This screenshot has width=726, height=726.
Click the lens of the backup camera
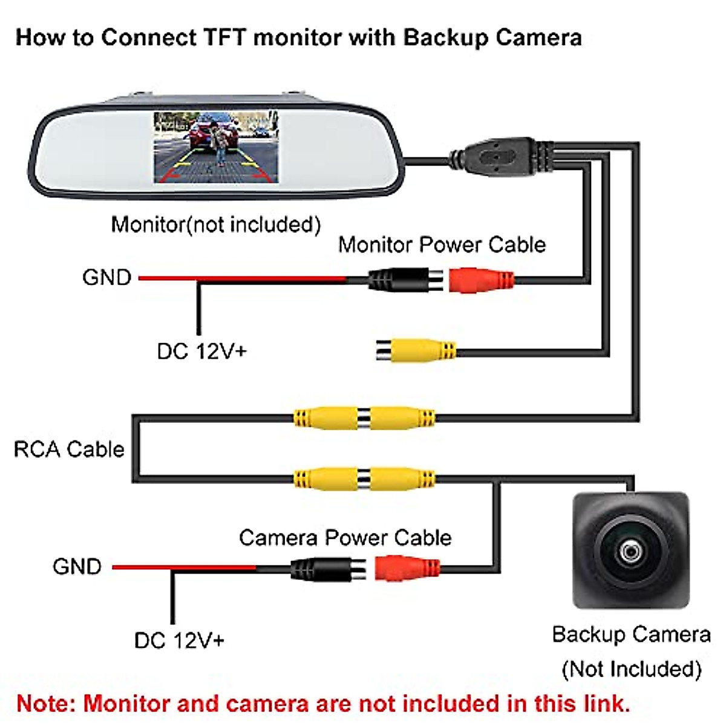click(x=630, y=551)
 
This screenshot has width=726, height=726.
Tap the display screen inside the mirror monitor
click(x=216, y=147)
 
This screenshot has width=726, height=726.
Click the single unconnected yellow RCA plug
click(x=417, y=350)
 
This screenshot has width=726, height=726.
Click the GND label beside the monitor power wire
click(x=107, y=278)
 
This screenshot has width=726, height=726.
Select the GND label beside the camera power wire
click(x=77, y=567)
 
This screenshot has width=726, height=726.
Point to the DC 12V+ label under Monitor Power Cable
click(x=201, y=352)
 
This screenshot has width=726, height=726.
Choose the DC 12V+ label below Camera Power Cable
click(x=179, y=641)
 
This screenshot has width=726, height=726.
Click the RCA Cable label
click(x=68, y=450)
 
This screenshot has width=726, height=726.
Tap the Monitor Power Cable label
click(x=442, y=245)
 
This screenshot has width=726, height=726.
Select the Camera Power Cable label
click(x=345, y=538)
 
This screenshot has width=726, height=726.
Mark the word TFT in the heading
click(x=224, y=38)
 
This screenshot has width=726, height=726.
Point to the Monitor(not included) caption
click(x=216, y=224)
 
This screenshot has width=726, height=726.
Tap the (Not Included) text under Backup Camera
click(x=631, y=669)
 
